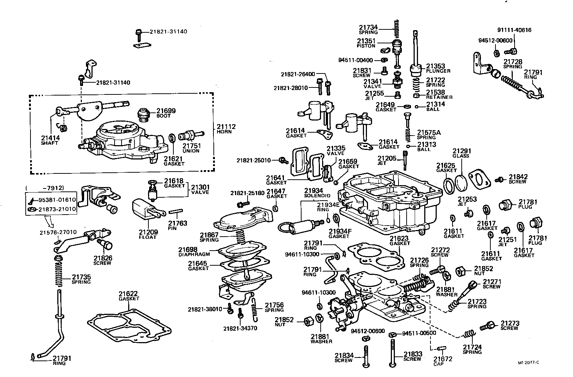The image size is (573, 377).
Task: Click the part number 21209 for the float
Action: pos(148,232)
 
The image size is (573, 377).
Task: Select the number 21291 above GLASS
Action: pos(461,151)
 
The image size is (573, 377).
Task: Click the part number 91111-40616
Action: pos(514,30)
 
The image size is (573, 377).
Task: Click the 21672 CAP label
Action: pos(443,361)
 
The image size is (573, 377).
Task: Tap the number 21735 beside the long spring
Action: pos(81,277)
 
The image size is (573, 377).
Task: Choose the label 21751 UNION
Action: pos(191,148)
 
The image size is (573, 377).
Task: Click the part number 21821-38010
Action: pos(205,309)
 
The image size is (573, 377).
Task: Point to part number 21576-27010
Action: pos(58,232)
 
